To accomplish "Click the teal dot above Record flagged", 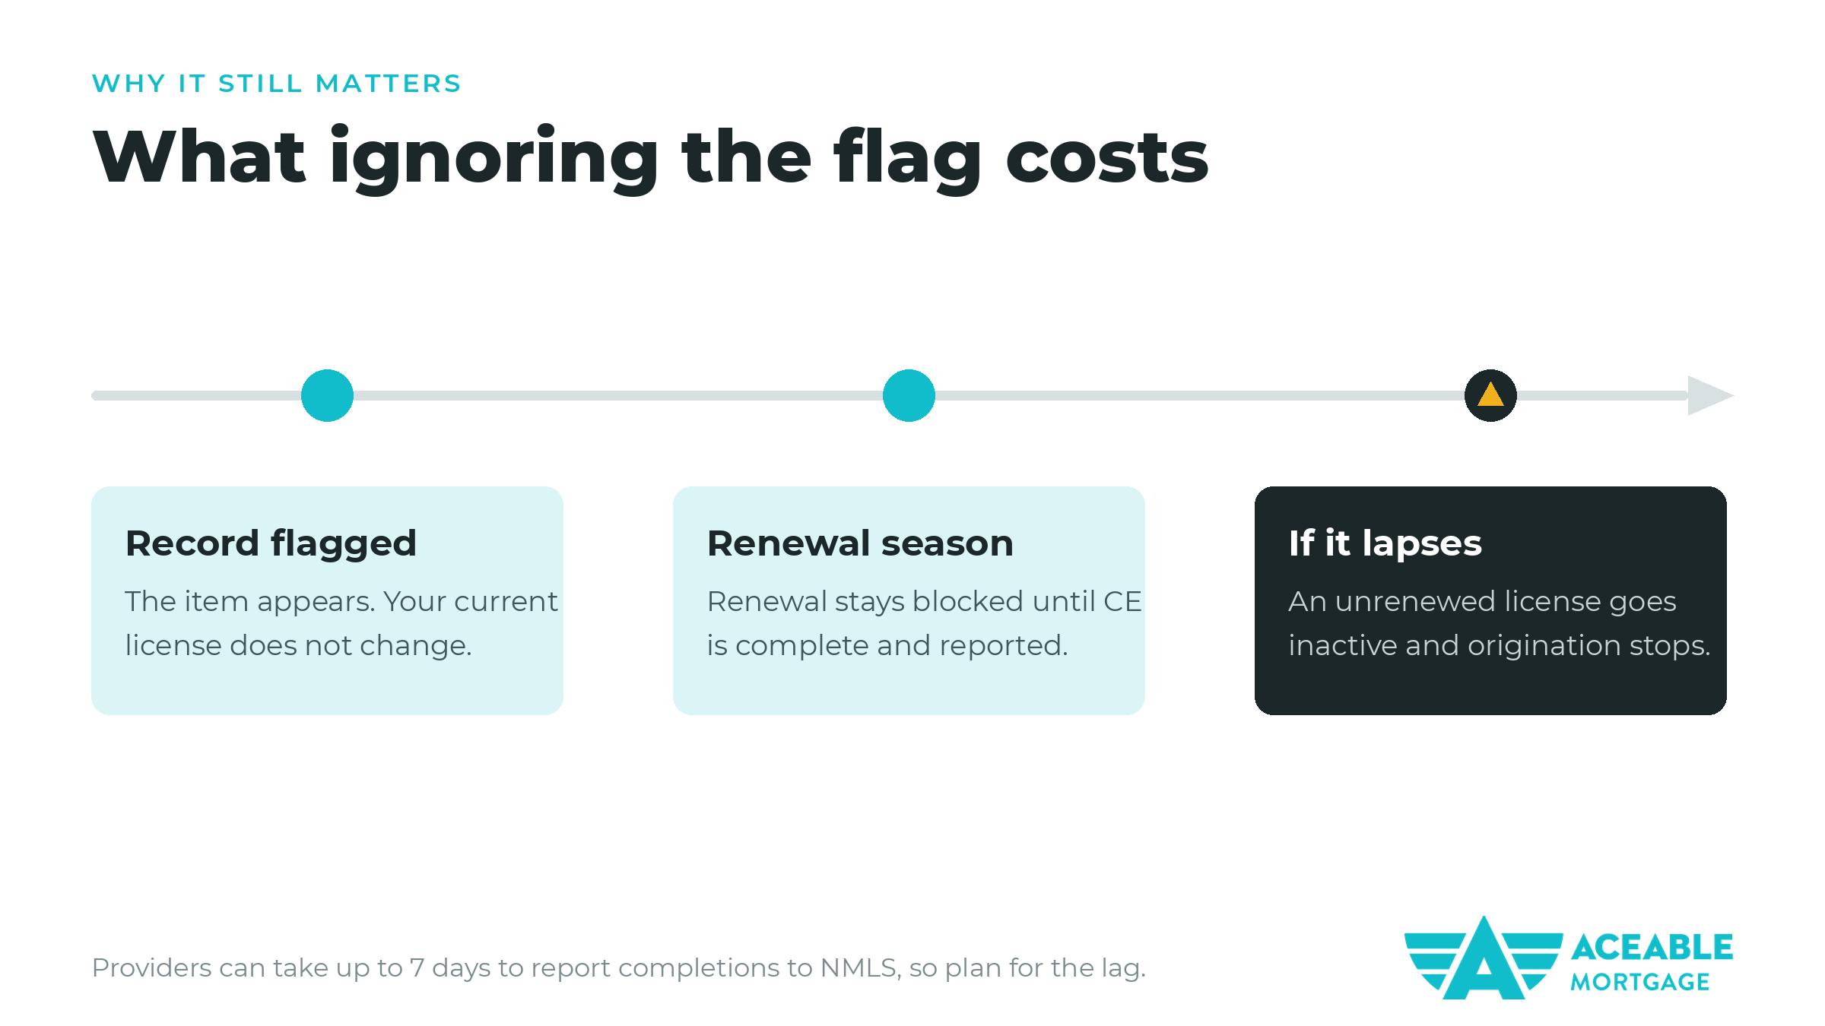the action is [x=327, y=395].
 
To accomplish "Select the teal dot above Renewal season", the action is [x=909, y=395].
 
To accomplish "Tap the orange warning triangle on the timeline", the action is [x=1490, y=395].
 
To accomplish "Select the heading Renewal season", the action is [x=860, y=543].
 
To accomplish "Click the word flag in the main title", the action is [x=906, y=158].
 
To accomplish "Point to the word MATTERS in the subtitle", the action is [x=388, y=83].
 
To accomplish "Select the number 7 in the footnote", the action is [x=417, y=967].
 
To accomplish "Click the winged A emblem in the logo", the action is [x=1483, y=958].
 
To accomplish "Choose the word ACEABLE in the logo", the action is [x=1652, y=948].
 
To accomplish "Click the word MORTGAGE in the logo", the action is [x=1640, y=982].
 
